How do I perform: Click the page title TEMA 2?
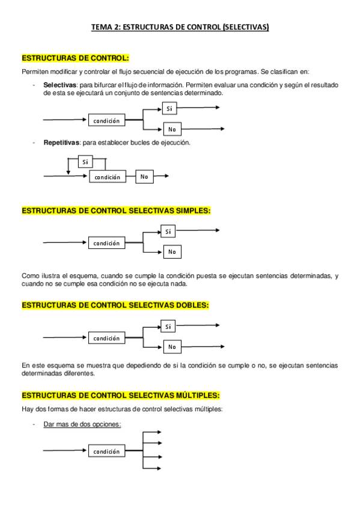pyautogui.click(x=180, y=27)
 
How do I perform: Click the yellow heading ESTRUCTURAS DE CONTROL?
pyautogui.click(x=75, y=58)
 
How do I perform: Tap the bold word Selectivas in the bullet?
pyautogui.click(x=59, y=85)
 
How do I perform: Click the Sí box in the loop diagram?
pyautogui.click(x=86, y=162)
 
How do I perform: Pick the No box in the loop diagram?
pyautogui.click(x=144, y=177)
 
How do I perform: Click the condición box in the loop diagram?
pyautogui.click(x=108, y=177)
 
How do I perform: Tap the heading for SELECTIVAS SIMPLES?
pyautogui.click(x=116, y=210)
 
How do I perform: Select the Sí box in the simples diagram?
pyautogui.click(x=168, y=231)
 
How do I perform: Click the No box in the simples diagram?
pyautogui.click(x=172, y=251)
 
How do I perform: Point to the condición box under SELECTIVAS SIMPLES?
pyautogui.click(x=106, y=243)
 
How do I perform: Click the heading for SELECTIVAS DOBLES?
pyautogui.click(x=115, y=305)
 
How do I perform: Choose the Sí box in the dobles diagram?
pyautogui.click(x=168, y=326)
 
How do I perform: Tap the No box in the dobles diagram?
pyautogui.click(x=172, y=346)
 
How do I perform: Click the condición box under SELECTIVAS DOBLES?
pyautogui.click(x=106, y=338)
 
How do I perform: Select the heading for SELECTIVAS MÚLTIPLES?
pyautogui.click(x=120, y=395)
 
